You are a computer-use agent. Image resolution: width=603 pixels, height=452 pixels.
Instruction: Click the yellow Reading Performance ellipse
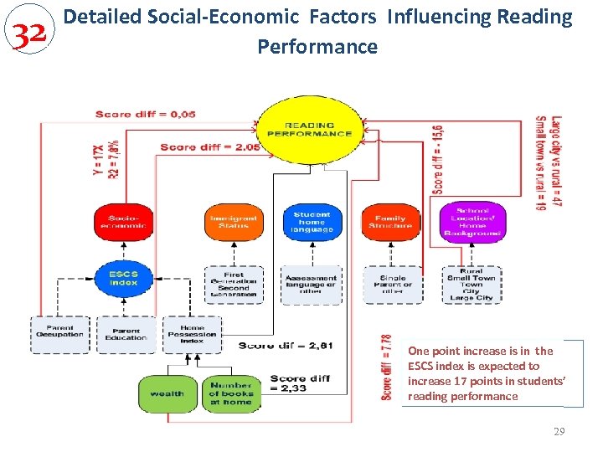click(x=310, y=129)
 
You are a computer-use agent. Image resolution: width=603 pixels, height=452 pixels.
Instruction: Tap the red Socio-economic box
click(x=123, y=222)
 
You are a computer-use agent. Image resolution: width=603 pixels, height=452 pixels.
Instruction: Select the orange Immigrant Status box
click(x=234, y=222)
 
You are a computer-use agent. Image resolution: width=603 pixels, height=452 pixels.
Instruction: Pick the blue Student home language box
click(x=312, y=222)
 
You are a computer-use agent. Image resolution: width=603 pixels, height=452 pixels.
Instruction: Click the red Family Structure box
click(x=390, y=222)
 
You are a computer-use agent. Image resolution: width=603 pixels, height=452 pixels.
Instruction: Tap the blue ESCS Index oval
click(x=123, y=278)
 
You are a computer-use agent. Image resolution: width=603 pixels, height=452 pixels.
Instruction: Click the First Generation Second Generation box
click(x=234, y=285)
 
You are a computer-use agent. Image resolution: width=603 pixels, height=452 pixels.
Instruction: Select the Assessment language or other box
click(x=312, y=285)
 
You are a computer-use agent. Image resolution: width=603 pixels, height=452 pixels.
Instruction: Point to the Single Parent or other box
click(x=391, y=285)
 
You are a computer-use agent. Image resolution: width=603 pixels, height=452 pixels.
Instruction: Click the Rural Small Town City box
click(x=472, y=285)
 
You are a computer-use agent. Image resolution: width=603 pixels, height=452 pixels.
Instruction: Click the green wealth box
click(x=167, y=393)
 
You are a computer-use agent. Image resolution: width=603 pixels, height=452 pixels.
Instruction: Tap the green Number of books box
click(x=230, y=393)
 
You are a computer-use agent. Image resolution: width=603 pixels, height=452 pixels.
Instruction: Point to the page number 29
click(x=559, y=432)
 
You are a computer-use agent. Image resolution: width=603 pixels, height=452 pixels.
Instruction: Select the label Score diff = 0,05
click(x=146, y=114)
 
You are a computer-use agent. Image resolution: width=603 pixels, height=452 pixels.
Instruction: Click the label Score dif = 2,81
click(x=275, y=345)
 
